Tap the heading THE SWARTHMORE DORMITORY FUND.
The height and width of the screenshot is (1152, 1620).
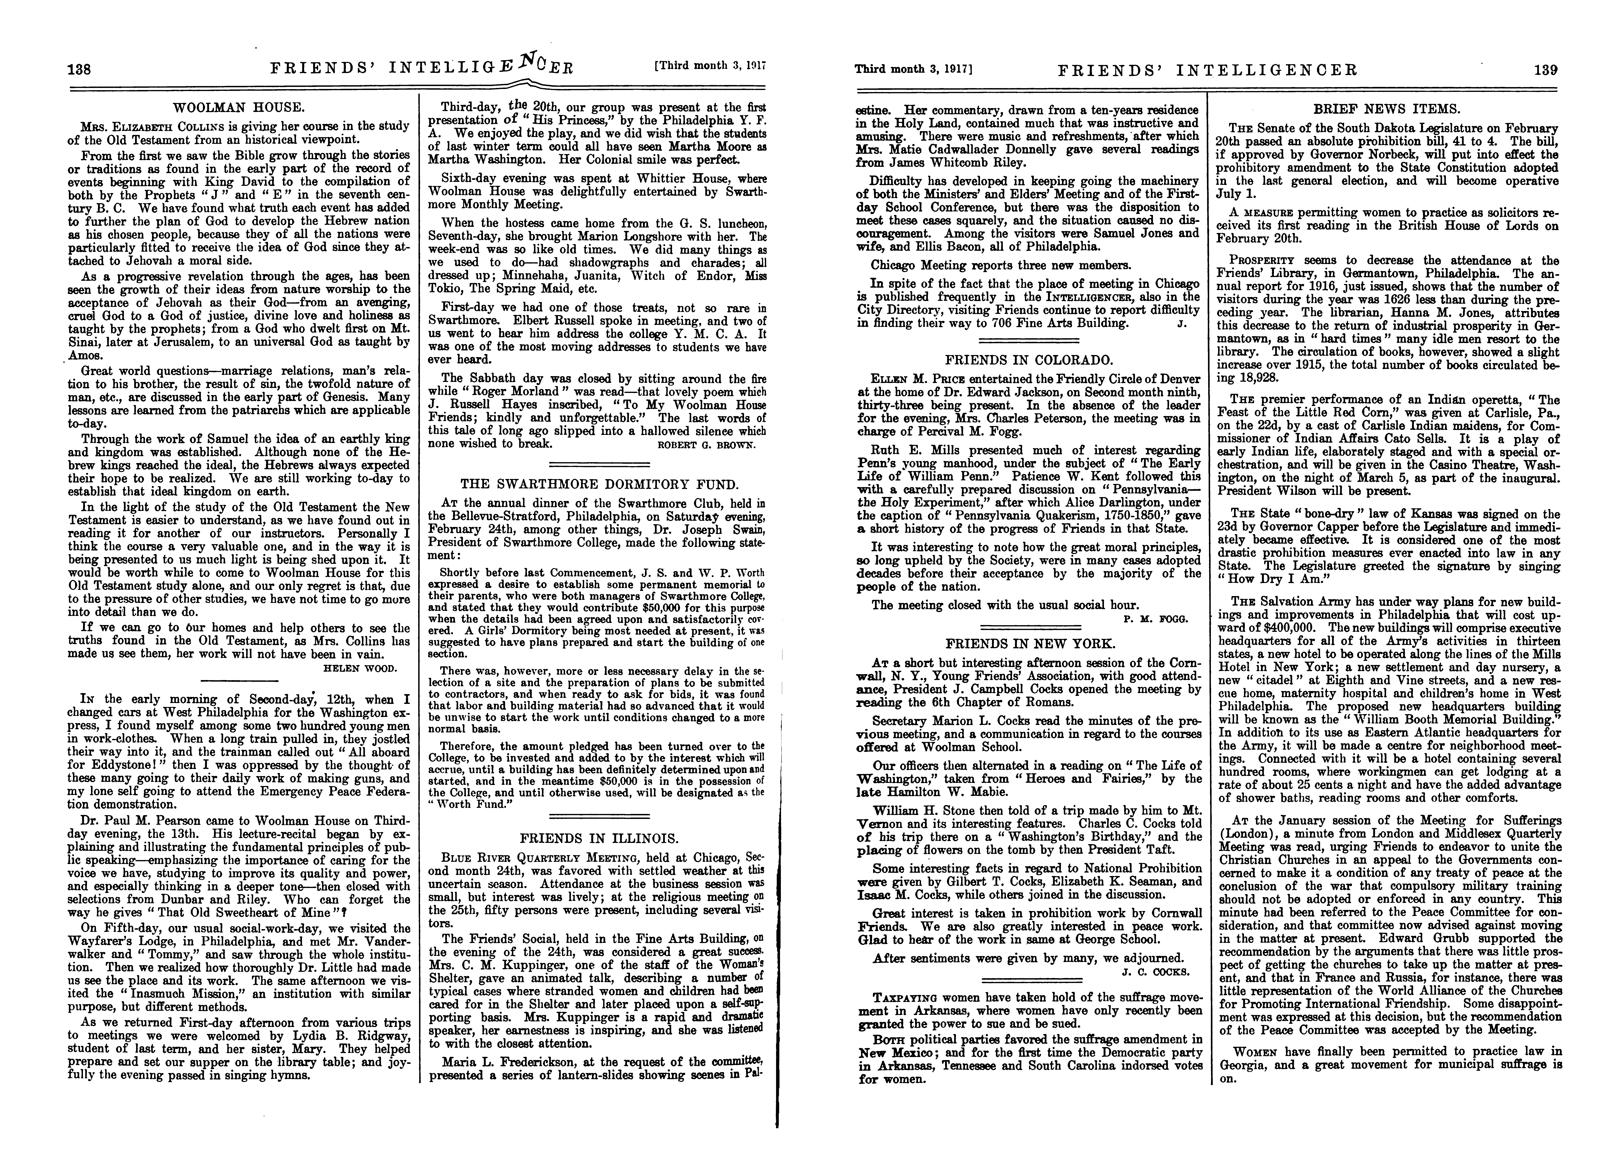599,484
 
